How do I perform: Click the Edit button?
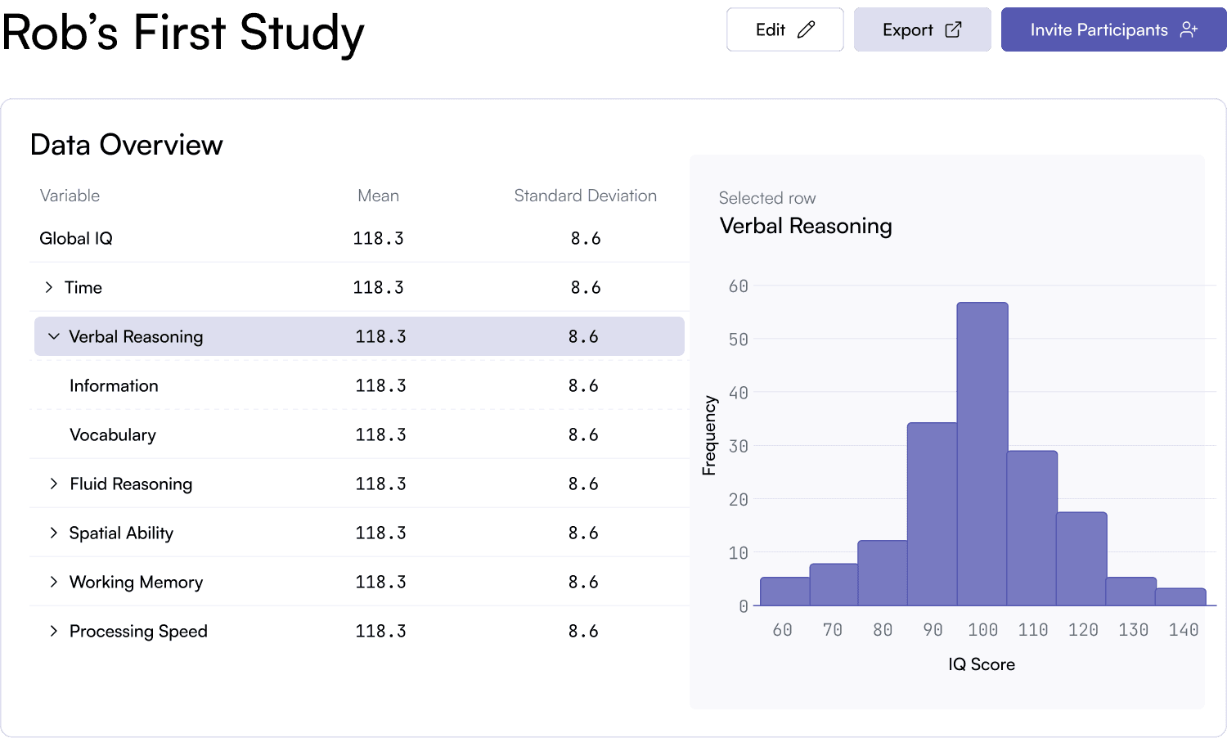pos(784,30)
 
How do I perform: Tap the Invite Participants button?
pos(1113,30)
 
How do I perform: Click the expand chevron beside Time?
pos(49,287)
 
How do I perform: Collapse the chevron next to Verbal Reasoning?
pos(54,336)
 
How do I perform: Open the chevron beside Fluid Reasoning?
pos(54,484)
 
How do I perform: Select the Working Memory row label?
pos(136,582)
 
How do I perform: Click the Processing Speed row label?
pos(138,631)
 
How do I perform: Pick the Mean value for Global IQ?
pos(378,238)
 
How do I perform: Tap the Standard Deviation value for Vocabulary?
pos(583,434)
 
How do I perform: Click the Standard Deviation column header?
pos(585,196)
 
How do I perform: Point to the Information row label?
pos(114,385)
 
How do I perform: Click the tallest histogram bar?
pos(982,454)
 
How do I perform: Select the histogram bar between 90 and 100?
pos(932,514)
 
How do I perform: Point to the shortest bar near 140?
pos(1180,597)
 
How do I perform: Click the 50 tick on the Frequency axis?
pos(738,340)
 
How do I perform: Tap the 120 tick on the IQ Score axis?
pos(1083,630)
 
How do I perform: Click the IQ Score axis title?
pos(982,664)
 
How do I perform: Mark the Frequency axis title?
pos(709,435)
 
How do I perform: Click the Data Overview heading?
pos(127,145)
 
